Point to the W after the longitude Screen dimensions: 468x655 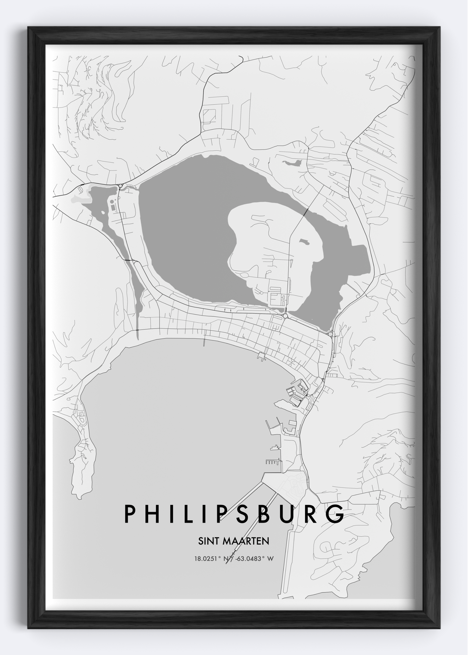coord(271,559)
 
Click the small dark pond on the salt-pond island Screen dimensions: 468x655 coord(304,242)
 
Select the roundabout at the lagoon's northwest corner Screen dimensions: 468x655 coord(120,186)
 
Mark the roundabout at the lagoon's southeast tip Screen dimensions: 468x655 coord(330,334)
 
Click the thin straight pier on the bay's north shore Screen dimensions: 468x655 coord(204,342)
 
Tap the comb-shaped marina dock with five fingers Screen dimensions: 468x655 coord(272,461)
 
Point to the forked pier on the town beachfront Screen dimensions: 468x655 coord(261,357)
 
